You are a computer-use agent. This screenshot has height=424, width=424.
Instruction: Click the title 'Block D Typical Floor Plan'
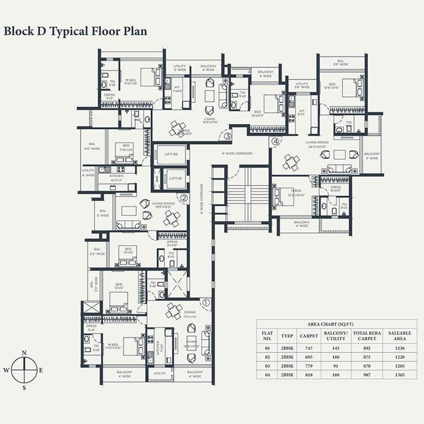(76, 31)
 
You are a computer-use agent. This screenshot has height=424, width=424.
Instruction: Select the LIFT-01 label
(176, 178)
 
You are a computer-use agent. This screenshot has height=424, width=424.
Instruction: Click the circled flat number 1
(205, 302)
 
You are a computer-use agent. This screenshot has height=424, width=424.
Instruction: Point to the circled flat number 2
(184, 197)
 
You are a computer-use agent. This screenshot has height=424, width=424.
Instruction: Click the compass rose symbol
(24, 370)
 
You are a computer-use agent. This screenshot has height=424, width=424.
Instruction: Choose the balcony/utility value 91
(335, 366)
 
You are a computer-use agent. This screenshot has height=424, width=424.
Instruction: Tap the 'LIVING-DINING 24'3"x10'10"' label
(317, 144)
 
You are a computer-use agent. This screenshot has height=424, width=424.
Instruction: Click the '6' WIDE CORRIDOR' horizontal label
(237, 153)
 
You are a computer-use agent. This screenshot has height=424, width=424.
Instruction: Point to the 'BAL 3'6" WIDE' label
(341, 63)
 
